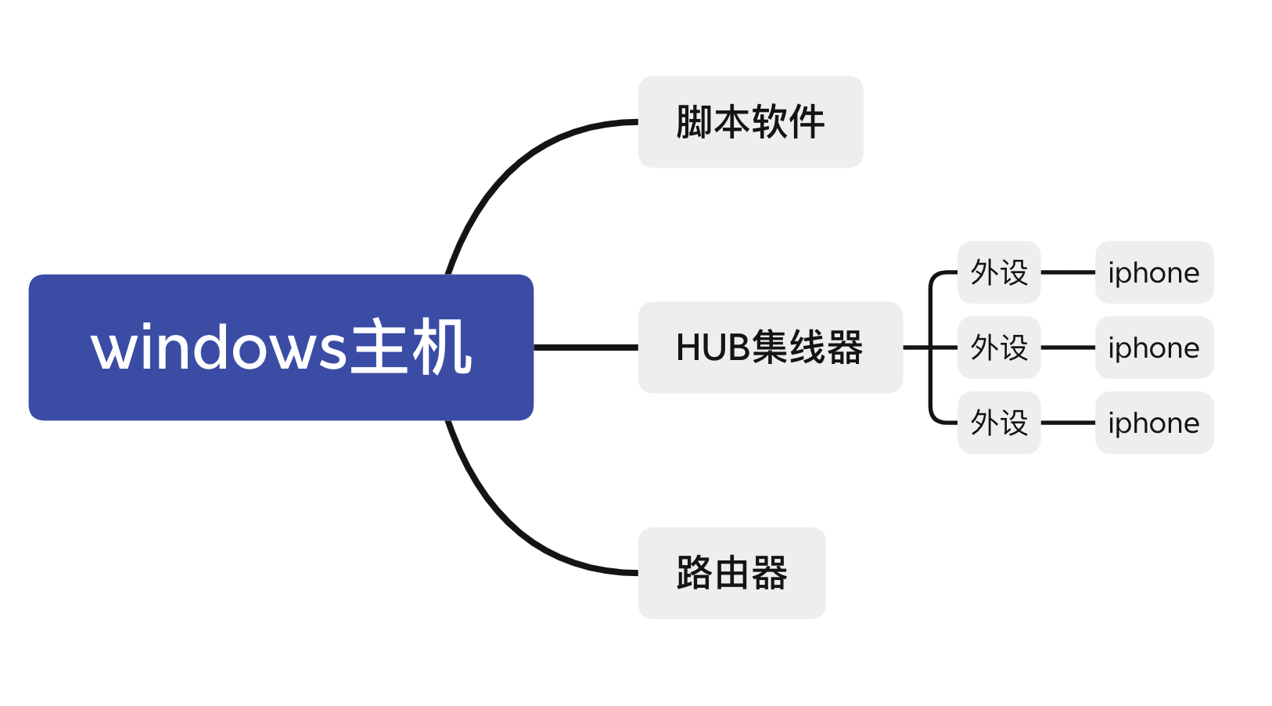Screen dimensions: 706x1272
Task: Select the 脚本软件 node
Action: tap(750, 122)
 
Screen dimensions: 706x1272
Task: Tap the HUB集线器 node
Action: tap(770, 348)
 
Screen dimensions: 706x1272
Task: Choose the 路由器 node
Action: tap(731, 573)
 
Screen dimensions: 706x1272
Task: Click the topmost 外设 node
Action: tap(999, 272)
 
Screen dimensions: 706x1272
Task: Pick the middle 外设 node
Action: tap(999, 348)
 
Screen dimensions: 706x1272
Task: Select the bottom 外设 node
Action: tap(999, 423)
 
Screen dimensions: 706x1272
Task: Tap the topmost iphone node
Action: tap(1154, 272)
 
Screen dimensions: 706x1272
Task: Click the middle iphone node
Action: tap(1154, 348)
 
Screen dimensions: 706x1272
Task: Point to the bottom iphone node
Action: tap(1154, 423)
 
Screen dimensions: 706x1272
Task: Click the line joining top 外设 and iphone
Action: tap(1068, 272)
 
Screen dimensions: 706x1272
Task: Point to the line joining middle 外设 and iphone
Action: tap(1068, 348)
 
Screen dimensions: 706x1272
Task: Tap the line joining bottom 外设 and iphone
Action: tap(1068, 423)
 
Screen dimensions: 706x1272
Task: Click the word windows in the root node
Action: tap(218, 348)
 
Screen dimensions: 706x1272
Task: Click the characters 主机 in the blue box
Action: tap(411, 348)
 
